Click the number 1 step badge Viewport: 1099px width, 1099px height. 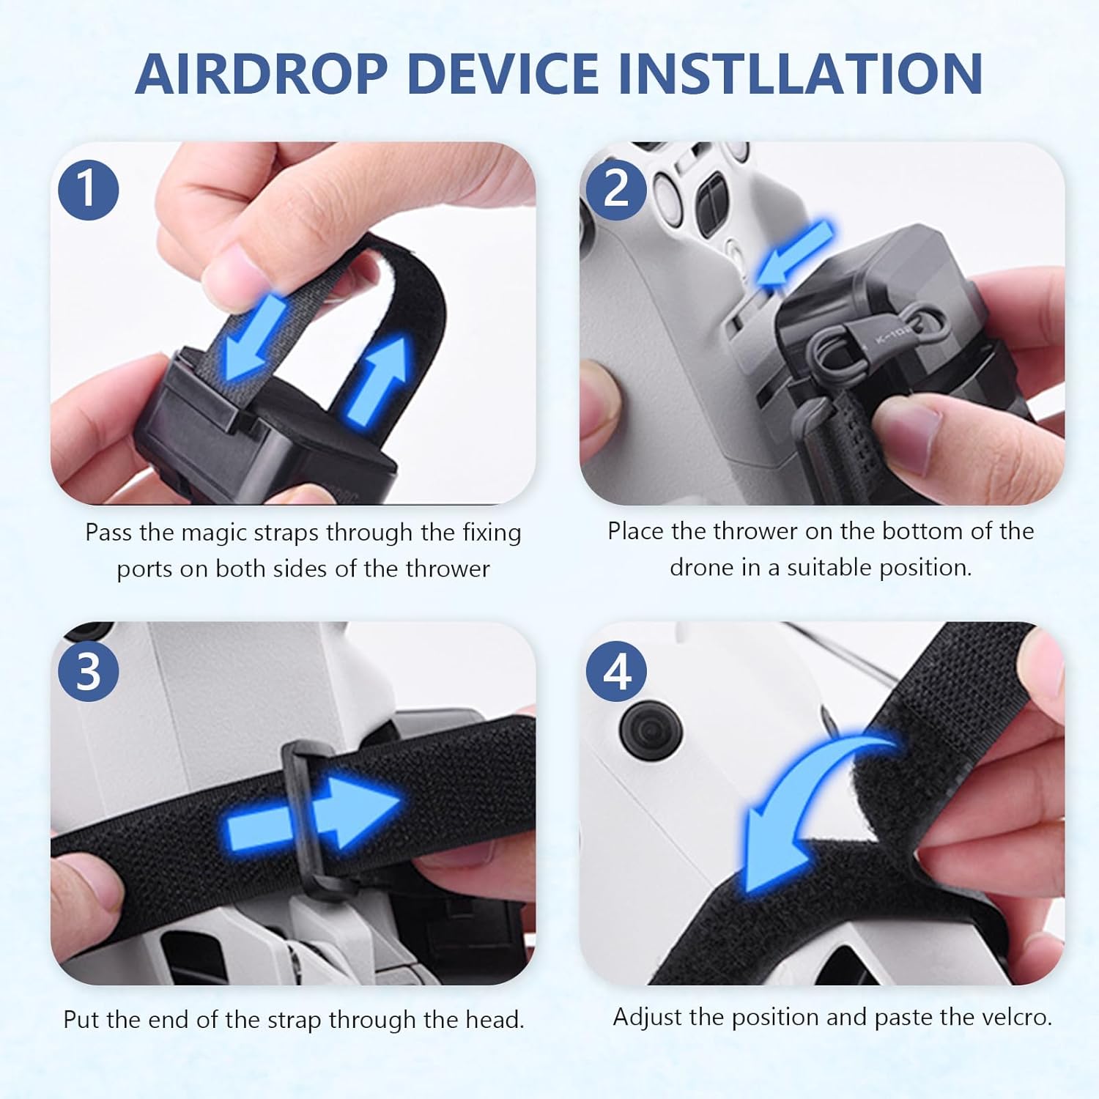pyautogui.click(x=88, y=189)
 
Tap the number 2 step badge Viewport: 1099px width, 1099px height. pyautogui.click(x=615, y=189)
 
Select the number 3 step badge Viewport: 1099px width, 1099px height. pyautogui.click(x=88, y=671)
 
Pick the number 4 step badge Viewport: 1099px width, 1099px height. pyautogui.click(x=616, y=671)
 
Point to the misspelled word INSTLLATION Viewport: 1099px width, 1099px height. pyautogui.click(x=800, y=74)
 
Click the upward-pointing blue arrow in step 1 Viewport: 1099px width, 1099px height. pyautogui.click(x=380, y=377)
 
